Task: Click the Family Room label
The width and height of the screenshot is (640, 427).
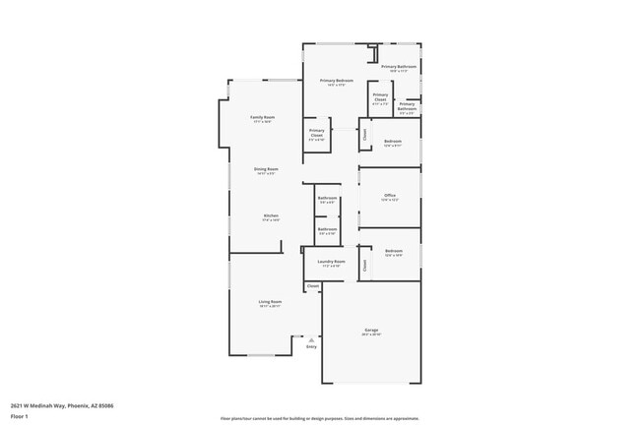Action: [x=262, y=117]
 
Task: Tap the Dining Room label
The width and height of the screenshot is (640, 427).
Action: [x=267, y=168]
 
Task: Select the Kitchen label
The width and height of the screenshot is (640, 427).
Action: [x=271, y=215]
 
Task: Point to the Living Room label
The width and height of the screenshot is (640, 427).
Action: [x=270, y=301]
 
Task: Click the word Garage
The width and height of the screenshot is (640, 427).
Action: [x=371, y=330]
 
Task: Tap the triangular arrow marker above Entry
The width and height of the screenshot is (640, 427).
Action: [x=311, y=339]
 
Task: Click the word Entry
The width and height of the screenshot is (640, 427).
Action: [x=311, y=346]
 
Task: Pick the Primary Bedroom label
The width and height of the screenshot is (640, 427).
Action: [x=337, y=80]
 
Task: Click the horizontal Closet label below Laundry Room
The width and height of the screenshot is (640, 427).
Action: [x=313, y=286]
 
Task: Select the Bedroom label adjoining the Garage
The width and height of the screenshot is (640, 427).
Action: [x=394, y=251]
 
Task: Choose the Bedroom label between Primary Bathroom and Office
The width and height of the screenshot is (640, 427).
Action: [x=393, y=141]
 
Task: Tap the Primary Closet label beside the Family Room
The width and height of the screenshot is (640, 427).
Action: [x=317, y=131]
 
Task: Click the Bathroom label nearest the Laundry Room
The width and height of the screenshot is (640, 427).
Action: [x=328, y=229]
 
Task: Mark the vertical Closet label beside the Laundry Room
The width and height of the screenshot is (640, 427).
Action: [x=365, y=263]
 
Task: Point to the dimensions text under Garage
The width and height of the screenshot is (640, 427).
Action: [x=371, y=335]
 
